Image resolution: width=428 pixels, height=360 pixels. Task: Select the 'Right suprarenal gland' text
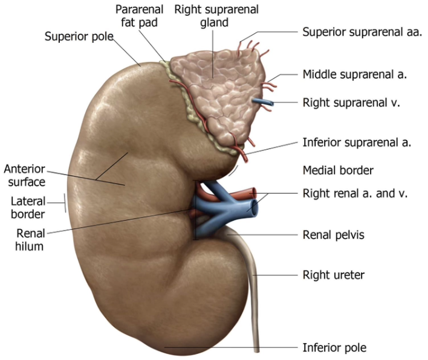click(x=207, y=17)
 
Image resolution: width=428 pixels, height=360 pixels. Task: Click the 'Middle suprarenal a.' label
click(x=354, y=76)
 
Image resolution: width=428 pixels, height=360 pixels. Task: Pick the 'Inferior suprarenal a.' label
click(x=357, y=143)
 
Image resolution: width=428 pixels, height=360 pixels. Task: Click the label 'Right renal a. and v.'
click(x=355, y=194)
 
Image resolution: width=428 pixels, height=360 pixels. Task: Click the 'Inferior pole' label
click(x=334, y=347)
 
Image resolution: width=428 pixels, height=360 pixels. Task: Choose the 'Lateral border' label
click(x=28, y=207)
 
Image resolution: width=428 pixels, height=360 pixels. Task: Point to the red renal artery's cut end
click(x=260, y=196)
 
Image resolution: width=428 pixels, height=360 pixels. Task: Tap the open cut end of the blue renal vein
click(x=255, y=209)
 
